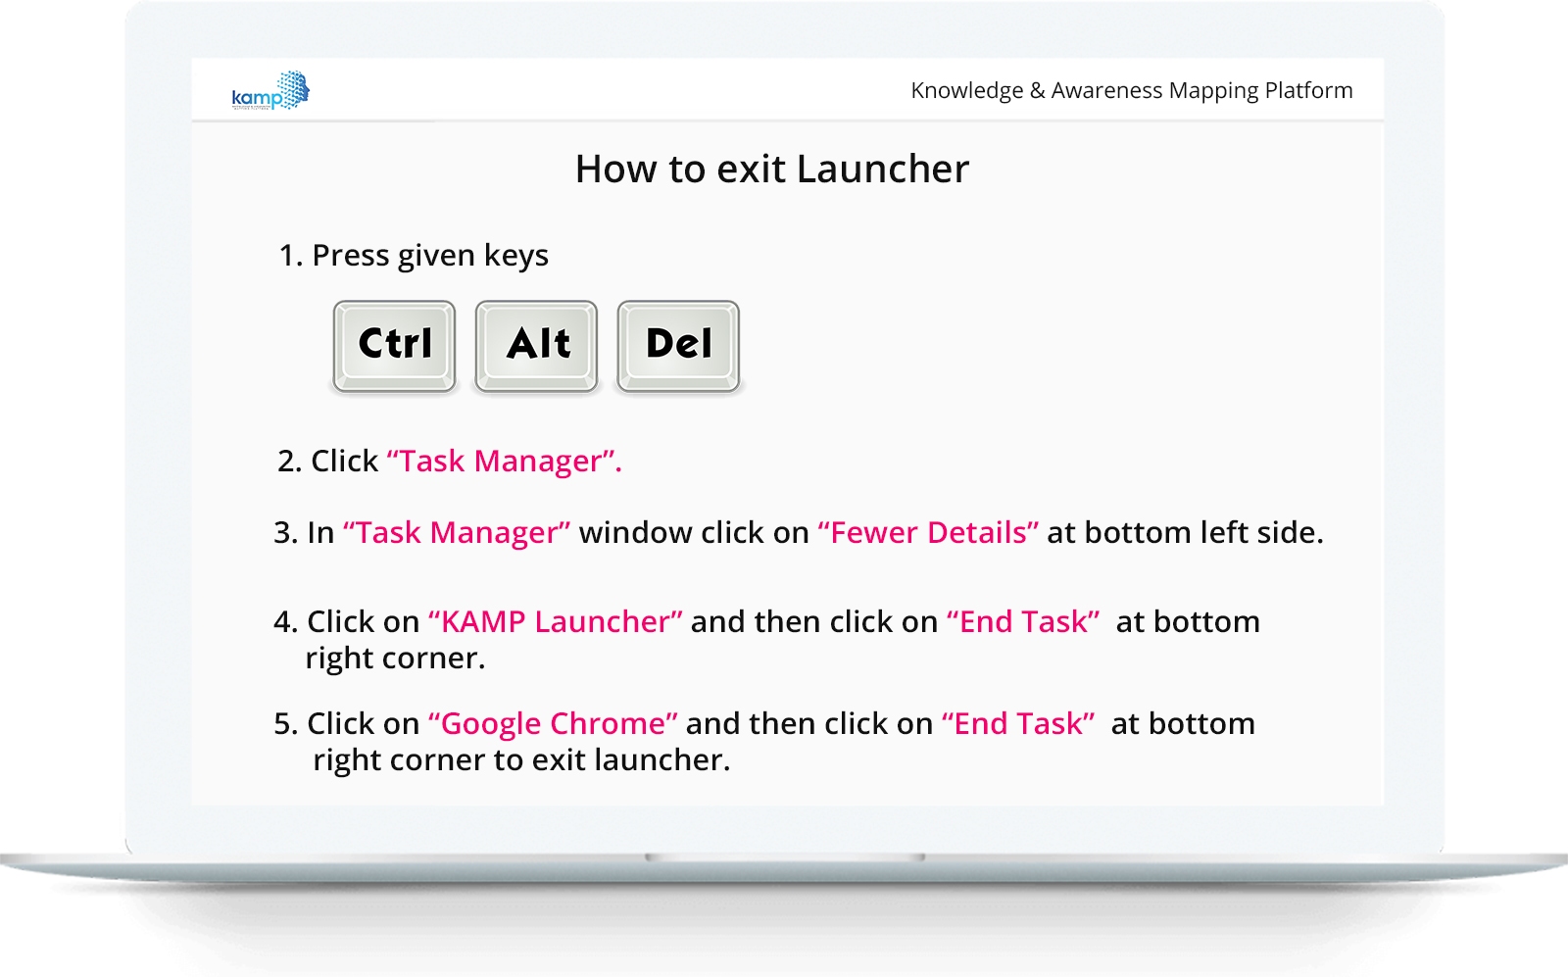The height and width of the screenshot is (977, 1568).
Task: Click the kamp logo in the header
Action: click(x=270, y=90)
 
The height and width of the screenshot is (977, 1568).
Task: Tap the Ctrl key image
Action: click(x=395, y=346)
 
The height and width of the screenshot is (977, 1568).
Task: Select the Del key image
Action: click(x=678, y=346)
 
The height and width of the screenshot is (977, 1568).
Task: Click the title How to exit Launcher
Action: click(x=772, y=169)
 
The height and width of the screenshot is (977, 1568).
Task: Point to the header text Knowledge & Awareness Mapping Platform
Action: click(x=1132, y=90)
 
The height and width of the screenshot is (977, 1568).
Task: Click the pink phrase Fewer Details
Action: click(x=928, y=532)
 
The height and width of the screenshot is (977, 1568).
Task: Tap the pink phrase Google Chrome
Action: click(x=553, y=723)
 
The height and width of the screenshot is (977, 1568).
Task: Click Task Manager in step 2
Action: click(x=504, y=462)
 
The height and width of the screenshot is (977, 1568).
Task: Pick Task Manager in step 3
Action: click(x=457, y=532)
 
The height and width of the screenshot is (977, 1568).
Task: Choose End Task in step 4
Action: click(x=1023, y=621)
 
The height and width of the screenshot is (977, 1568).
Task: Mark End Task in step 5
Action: click(x=1018, y=723)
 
